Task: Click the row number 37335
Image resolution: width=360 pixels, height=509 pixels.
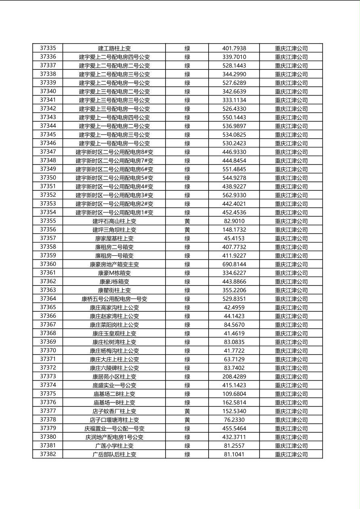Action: [x=48, y=48]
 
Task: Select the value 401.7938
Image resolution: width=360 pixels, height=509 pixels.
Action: [x=234, y=48]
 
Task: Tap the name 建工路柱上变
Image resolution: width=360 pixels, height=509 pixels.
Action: [x=114, y=48]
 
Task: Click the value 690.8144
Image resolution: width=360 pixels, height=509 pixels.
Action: [x=234, y=265]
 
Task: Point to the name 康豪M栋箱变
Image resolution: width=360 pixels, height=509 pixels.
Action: [x=114, y=273]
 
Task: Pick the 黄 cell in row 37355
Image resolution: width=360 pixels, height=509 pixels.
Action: [x=187, y=221]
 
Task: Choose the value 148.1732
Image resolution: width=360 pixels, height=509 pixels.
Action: [x=234, y=230]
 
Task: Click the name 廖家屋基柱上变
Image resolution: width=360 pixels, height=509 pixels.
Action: [x=114, y=238]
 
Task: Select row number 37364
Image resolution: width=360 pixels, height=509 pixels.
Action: [x=48, y=299]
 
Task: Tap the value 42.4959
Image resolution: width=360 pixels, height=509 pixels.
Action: [x=234, y=308]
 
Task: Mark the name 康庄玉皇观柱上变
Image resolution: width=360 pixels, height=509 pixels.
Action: [x=114, y=334]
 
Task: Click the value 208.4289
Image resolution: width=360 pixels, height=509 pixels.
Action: [x=234, y=377]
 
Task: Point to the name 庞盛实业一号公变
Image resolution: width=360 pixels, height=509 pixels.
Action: [x=114, y=385]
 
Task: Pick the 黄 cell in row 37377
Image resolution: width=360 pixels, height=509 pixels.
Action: [x=187, y=411]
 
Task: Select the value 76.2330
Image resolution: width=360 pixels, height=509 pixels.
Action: [x=234, y=420]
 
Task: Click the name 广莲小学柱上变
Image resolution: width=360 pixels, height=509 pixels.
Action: [x=114, y=446]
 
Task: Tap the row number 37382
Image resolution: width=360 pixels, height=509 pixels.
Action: [x=48, y=454]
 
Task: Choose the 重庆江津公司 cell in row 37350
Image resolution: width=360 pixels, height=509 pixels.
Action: [x=291, y=178]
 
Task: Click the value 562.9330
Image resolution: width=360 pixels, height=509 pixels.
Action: [x=234, y=195]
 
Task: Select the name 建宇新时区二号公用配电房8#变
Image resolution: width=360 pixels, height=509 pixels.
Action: [x=114, y=152]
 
